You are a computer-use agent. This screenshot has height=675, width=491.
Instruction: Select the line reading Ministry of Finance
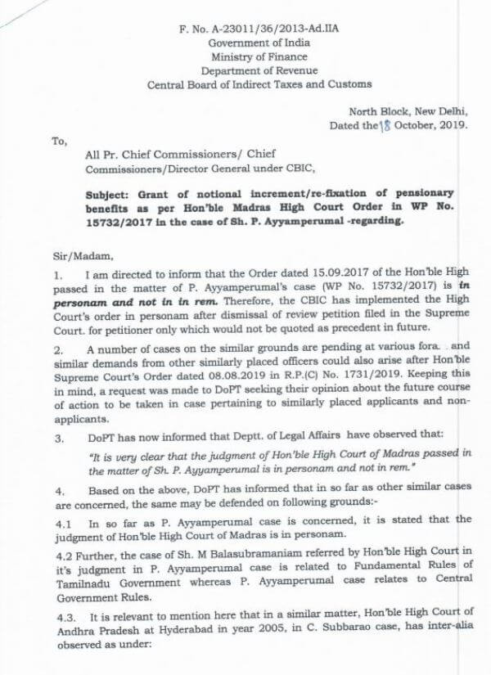coord(259,56)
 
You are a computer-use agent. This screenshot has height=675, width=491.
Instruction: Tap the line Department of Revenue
coord(259,70)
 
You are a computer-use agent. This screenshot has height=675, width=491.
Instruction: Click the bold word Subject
coord(108,195)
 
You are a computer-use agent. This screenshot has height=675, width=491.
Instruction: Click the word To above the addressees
coord(58,141)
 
